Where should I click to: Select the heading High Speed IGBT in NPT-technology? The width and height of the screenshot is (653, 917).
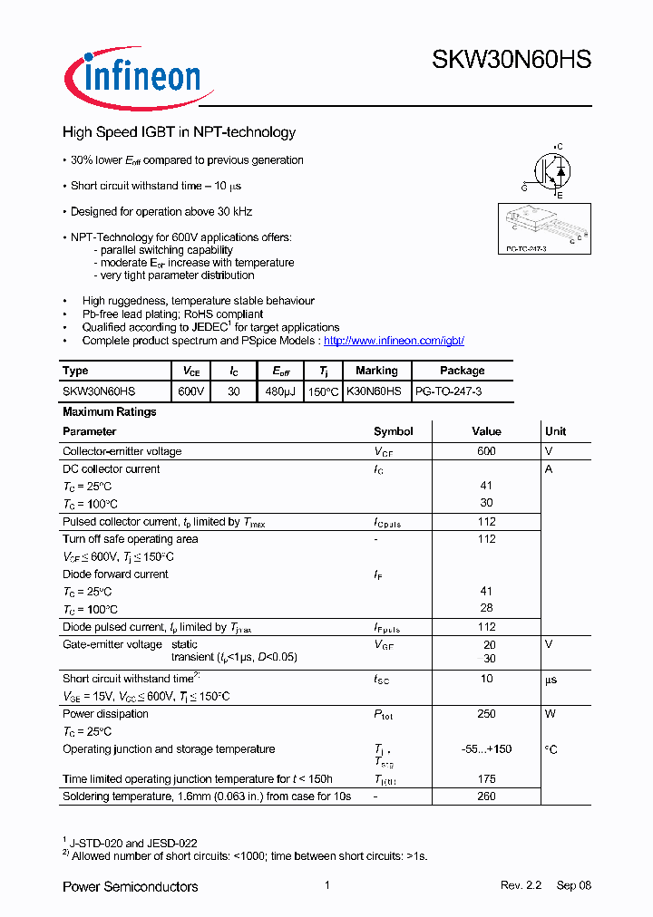pyautogui.click(x=179, y=132)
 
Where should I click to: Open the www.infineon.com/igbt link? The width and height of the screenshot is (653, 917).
pyautogui.click(x=394, y=341)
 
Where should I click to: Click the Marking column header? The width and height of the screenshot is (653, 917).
pyautogui.click(x=376, y=371)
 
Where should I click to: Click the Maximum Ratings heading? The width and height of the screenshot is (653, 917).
pyautogui.click(x=109, y=411)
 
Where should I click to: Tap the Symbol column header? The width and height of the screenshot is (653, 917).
pyautogui.click(x=393, y=431)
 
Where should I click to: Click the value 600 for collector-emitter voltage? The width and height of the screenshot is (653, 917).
pyautogui.click(x=486, y=451)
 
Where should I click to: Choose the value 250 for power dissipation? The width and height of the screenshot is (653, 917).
pyautogui.click(x=486, y=714)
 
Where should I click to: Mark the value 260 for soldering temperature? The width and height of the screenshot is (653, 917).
pyautogui.click(x=486, y=796)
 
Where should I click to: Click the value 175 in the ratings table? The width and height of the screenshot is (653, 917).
pyautogui.click(x=486, y=779)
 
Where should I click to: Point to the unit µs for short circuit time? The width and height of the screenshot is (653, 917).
pyautogui.click(x=551, y=679)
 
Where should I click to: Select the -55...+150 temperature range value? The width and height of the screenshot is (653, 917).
pyautogui.click(x=486, y=749)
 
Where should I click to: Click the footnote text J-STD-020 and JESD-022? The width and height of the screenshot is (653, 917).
pyautogui.click(x=134, y=843)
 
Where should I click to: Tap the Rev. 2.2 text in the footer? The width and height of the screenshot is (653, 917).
pyautogui.click(x=521, y=885)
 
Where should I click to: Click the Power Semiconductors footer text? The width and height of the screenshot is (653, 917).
pyautogui.click(x=130, y=886)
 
